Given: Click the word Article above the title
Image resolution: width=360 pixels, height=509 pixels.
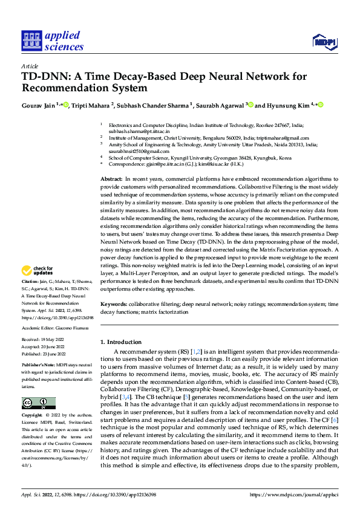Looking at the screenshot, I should (29, 66).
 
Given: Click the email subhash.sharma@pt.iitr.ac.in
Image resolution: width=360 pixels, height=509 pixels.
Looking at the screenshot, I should (139, 131).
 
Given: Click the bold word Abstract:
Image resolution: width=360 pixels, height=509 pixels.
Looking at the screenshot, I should (112, 180).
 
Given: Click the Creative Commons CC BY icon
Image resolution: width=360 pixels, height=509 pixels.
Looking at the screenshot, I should (39, 403).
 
